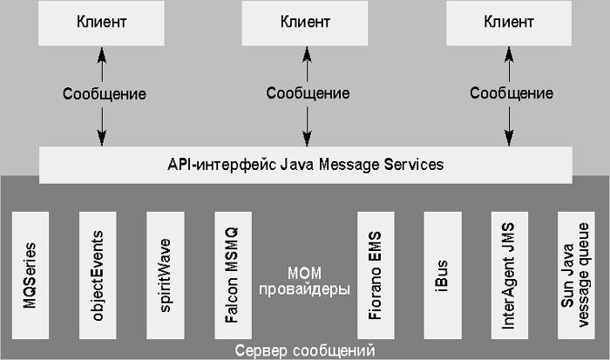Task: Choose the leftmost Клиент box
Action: tap(101, 22)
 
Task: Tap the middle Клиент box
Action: tap(305, 22)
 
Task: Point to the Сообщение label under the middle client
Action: tap(308, 93)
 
